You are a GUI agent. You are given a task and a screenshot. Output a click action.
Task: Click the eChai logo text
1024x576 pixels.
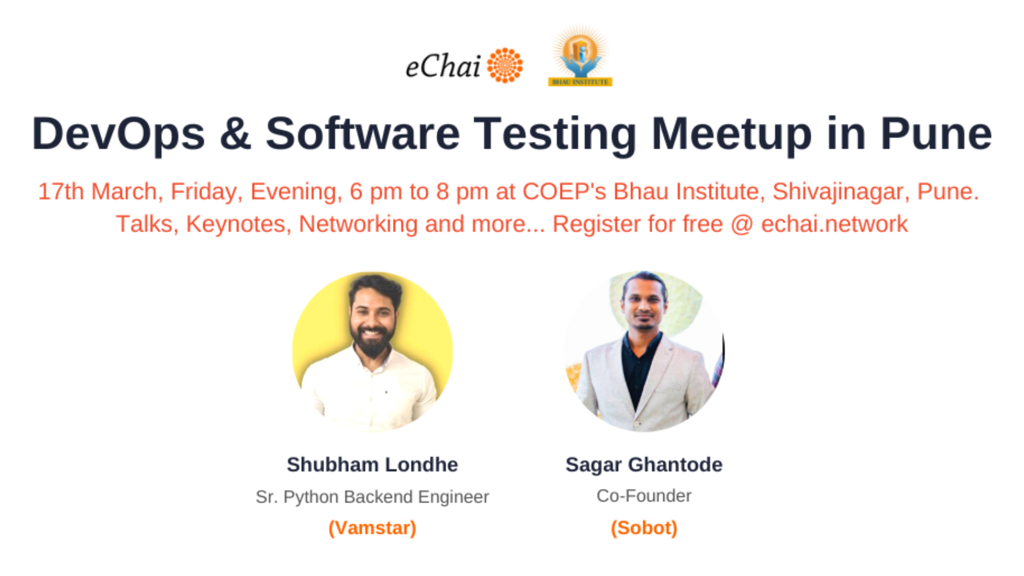point(443,67)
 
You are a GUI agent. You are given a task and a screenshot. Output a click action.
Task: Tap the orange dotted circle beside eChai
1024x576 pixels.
point(505,66)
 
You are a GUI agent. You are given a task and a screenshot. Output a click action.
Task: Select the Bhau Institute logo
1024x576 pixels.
point(580,56)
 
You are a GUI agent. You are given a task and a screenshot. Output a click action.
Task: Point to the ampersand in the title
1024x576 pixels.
point(235,134)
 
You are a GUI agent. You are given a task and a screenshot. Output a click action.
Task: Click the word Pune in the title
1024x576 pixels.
point(935,134)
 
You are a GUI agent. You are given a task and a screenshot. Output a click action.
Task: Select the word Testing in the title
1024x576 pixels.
point(555,134)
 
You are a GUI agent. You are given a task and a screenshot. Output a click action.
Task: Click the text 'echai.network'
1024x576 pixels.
point(834,224)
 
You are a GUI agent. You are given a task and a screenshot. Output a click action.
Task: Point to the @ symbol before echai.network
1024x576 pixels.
point(742,224)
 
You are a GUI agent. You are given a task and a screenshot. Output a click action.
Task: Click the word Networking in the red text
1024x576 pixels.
point(358,224)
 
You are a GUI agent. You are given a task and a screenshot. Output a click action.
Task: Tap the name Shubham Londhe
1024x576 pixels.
point(372,465)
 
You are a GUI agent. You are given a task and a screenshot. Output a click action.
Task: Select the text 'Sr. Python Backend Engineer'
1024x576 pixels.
point(372,497)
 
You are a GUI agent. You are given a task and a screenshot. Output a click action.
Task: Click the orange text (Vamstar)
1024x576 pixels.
point(372,527)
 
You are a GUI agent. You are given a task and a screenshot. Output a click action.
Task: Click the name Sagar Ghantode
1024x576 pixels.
point(644,465)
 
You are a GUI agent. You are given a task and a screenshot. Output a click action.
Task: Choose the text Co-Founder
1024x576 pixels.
point(644,495)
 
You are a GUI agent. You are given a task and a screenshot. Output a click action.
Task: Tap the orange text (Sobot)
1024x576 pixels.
point(644,527)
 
